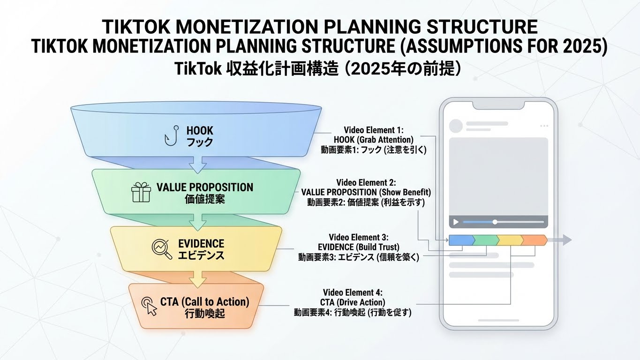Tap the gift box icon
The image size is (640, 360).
pyautogui.click(x=141, y=192)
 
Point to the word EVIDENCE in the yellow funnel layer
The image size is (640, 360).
pyautogui.click(x=201, y=244)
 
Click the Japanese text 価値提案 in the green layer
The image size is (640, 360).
pyautogui.click(x=205, y=199)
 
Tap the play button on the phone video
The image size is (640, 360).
pyautogui.click(x=454, y=222)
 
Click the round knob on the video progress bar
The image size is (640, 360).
pyautogui.click(x=495, y=222)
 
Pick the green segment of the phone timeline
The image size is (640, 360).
pyautogui.click(x=485, y=240)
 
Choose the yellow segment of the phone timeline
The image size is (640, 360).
pyautogui.click(x=509, y=240)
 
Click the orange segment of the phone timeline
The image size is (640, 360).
pyautogui.click(x=534, y=240)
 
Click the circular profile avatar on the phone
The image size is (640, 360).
pyautogui.click(x=455, y=126)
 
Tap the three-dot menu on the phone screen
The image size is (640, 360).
pyautogui.click(x=544, y=126)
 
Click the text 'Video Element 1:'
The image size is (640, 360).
pyautogui.click(x=373, y=130)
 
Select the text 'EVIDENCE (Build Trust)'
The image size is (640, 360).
pyautogui.click(x=358, y=247)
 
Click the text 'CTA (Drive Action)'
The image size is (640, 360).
pyautogui.click(x=353, y=302)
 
